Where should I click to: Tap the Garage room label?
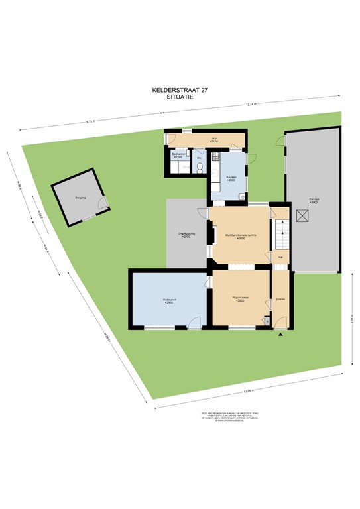(x=314, y=199)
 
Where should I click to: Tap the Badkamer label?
(x=178, y=155)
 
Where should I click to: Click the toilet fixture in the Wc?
(x=198, y=169)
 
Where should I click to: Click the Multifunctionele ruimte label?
(x=240, y=235)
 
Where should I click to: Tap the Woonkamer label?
(x=240, y=298)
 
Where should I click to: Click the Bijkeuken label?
(x=170, y=301)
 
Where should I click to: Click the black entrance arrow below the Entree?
(x=281, y=335)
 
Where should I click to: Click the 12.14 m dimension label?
(x=250, y=105)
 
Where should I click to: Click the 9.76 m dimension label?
(x=91, y=121)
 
